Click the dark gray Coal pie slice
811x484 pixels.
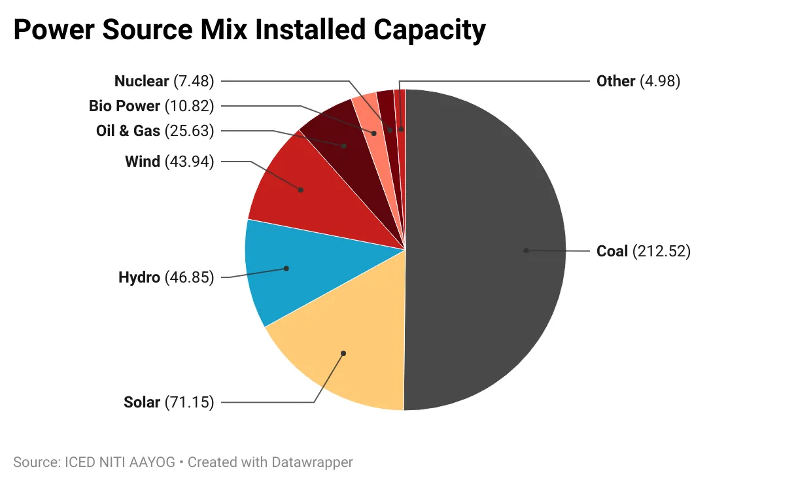(484, 262)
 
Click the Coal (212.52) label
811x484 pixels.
(643, 251)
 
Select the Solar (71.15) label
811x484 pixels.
(169, 402)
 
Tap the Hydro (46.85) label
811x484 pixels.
(166, 277)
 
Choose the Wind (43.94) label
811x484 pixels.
(169, 162)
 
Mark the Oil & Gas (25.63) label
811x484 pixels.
(155, 131)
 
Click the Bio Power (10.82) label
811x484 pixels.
(151, 106)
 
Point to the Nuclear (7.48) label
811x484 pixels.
(164, 81)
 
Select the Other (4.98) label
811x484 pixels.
(638, 81)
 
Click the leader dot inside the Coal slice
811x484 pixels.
(525, 251)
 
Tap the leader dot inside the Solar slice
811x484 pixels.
(343, 353)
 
